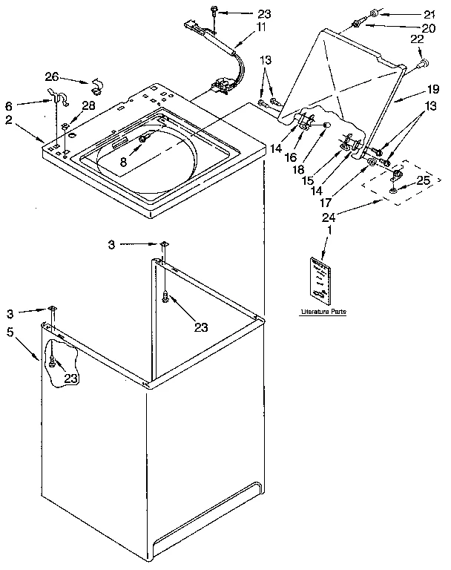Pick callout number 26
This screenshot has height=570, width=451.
51,76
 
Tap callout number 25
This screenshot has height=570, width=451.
424,180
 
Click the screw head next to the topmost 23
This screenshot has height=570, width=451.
214,12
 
